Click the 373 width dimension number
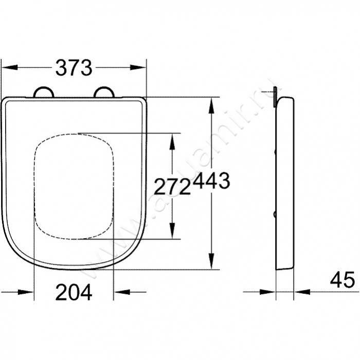(74, 67)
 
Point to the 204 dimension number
(74, 293)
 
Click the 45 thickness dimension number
(343, 280)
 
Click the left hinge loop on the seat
(43, 92)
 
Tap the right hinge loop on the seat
(105, 92)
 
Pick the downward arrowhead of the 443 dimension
(210, 261)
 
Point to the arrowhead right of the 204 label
(121, 292)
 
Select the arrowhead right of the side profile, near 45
(302, 292)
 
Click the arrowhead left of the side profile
(268, 292)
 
